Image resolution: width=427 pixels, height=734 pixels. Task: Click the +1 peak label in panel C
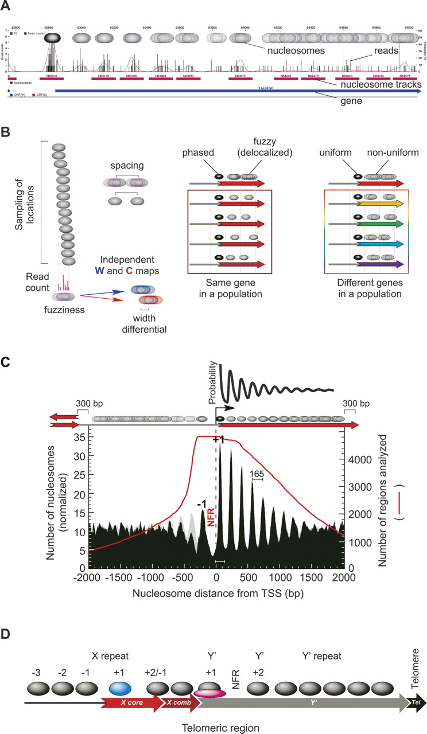(219, 439)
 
